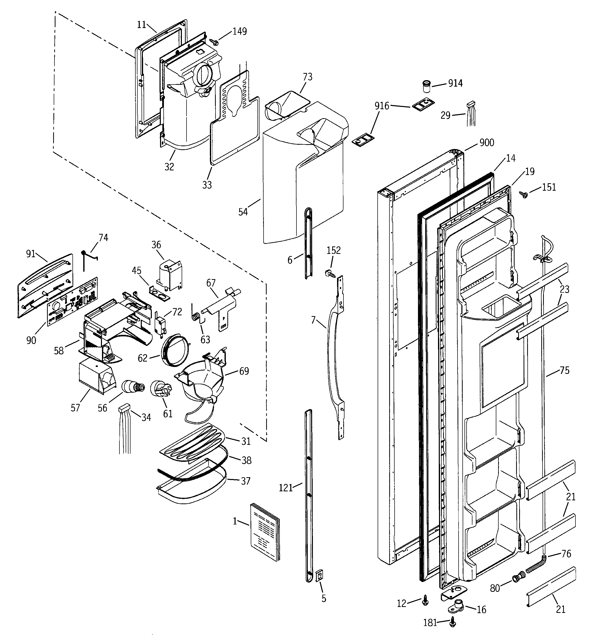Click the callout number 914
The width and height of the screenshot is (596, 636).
coord(455,83)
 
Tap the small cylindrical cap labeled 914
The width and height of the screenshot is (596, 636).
coord(426,86)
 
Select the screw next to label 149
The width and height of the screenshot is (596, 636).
coord(214,42)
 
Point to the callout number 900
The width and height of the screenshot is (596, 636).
coord(487,143)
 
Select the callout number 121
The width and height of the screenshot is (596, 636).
coord(286,488)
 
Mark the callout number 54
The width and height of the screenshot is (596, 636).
coord(243,212)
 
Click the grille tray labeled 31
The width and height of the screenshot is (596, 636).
coord(192,443)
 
